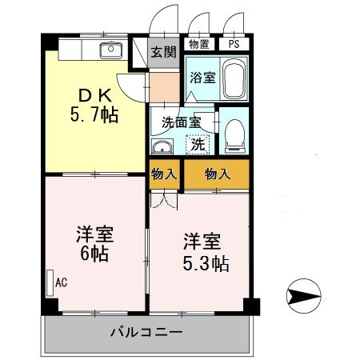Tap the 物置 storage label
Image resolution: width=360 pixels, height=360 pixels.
198,45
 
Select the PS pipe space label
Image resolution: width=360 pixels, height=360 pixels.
233,45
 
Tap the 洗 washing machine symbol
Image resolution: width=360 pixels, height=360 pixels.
197,145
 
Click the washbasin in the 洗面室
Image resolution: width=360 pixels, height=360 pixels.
162,147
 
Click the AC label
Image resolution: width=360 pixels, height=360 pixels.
62,282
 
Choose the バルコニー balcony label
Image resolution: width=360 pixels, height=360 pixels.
146,330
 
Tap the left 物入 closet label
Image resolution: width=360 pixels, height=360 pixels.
165,174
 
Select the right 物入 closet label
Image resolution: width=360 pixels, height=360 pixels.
216,174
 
